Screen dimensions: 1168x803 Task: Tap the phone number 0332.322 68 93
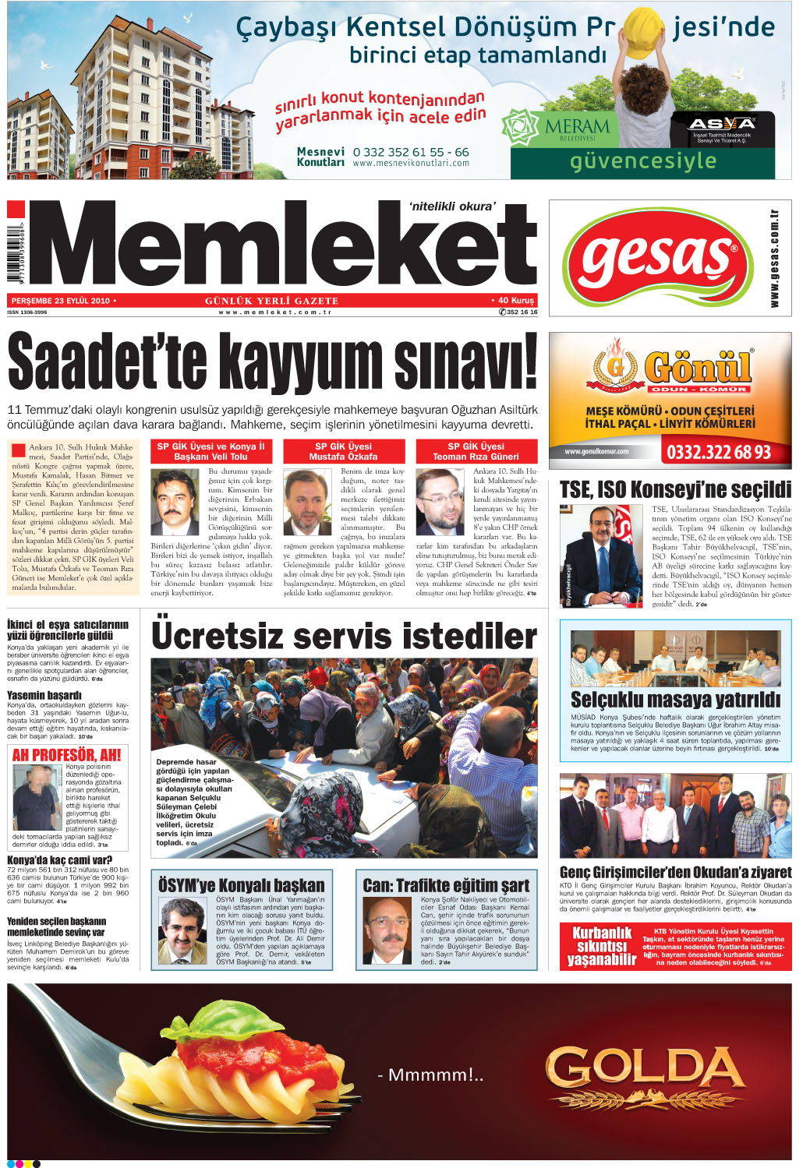click(x=718, y=453)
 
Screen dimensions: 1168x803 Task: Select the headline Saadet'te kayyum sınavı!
click(x=273, y=362)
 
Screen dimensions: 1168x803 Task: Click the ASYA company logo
click(x=722, y=124)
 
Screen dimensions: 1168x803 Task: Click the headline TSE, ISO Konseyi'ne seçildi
click(x=675, y=490)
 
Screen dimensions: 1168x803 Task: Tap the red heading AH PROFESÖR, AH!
click(x=66, y=755)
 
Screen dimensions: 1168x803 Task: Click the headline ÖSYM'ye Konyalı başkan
click(x=242, y=886)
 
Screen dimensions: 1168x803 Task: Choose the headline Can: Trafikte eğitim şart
click(x=446, y=886)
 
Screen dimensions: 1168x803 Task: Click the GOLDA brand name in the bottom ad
click(x=646, y=1067)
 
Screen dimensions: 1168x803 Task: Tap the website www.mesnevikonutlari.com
click(x=411, y=164)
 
